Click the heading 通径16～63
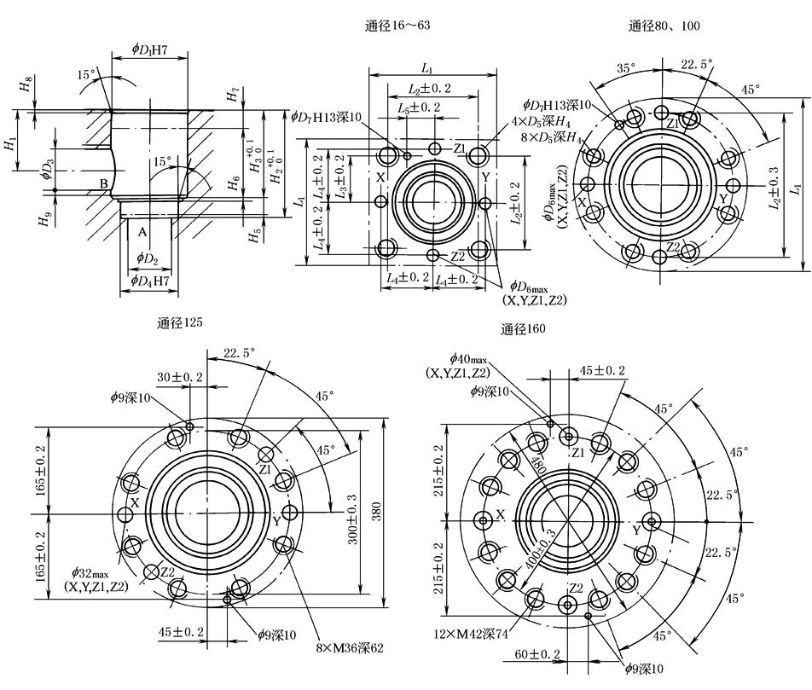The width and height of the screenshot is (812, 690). [x=397, y=26]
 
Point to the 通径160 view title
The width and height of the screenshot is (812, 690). [x=523, y=329]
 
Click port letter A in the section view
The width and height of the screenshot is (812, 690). [x=143, y=232]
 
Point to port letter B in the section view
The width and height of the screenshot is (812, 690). [x=103, y=183]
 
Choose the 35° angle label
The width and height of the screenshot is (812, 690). [x=627, y=67]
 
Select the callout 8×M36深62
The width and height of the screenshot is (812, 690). [x=338, y=648]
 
